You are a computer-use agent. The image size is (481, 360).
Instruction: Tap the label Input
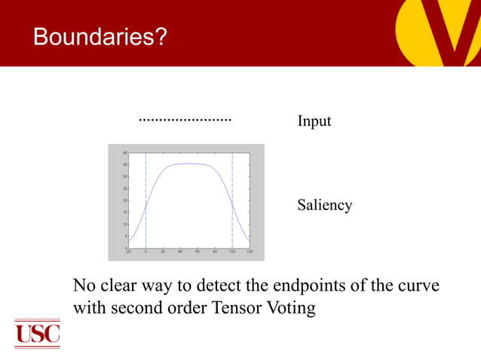pyautogui.click(x=314, y=121)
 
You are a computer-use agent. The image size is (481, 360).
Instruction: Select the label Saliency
pyautogui.click(x=324, y=205)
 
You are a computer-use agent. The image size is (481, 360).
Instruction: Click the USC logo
pyautogui.click(x=37, y=333)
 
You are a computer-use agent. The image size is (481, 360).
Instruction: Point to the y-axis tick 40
pyautogui.click(x=124, y=153)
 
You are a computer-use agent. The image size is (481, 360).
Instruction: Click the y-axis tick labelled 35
pyautogui.click(x=124, y=165)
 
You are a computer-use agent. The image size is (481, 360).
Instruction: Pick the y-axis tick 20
pyautogui.click(x=124, y=200)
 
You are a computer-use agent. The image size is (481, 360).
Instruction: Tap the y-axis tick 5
pyautogui.click(x=125, y=236)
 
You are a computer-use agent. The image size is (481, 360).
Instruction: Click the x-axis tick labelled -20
pyautogui.click(x=128, y=252)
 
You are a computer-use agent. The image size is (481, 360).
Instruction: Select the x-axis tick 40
pyautogui.click(x=180, y=252)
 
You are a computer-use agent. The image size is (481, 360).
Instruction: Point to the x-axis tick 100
pyautogui.click(x=232, y=252)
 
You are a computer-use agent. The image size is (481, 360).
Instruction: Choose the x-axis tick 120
pyautogui.click(x=250, y=252)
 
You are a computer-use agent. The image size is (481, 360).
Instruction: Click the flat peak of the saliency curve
pyautogui.click(x=189, y=163)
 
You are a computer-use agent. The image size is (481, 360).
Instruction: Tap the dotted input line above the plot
pyautogui.click(x=185, y=120)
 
